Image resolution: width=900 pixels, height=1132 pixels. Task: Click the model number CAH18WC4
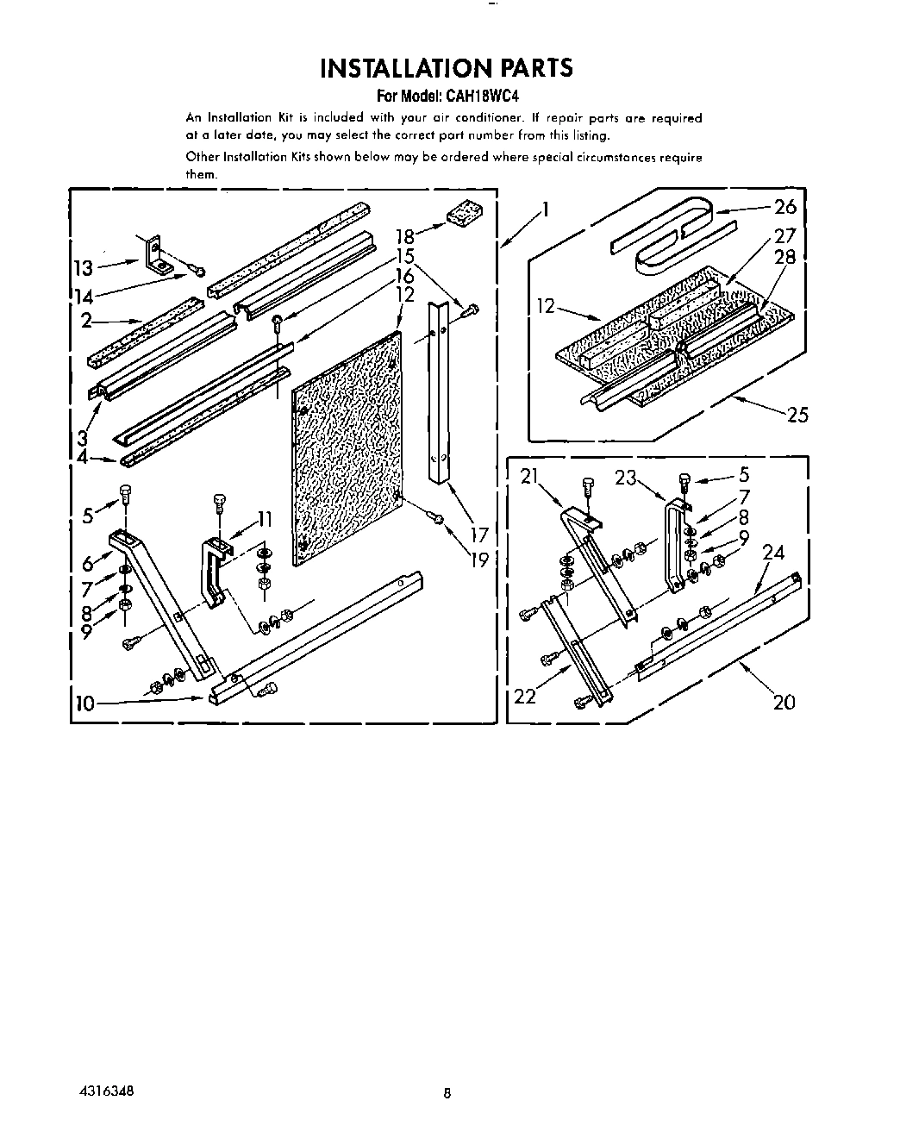point(482,97)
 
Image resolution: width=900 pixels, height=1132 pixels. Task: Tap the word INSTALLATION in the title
point(404,68)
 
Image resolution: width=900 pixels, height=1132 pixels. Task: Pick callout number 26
point(785,207)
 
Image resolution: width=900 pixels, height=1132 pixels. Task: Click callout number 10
point(84,704)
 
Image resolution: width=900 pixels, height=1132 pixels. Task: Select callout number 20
point(784,702)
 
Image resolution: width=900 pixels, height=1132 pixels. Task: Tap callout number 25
point(797,415)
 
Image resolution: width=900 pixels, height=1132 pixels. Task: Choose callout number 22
point(525,695)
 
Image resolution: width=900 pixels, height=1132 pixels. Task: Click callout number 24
point(773,552)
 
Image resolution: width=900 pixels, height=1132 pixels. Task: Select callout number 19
point(478,560)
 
